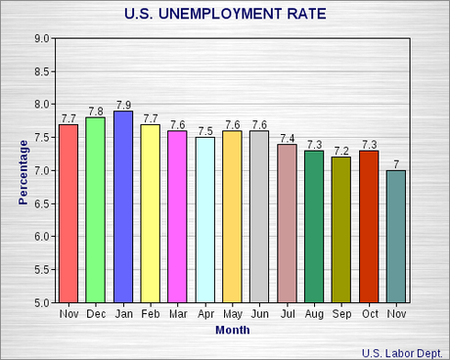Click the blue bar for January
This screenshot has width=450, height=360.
point(123,206)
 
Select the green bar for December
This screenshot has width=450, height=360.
point(96,209)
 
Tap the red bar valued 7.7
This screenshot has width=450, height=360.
point(68,213)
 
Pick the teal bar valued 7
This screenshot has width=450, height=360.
point(396,236)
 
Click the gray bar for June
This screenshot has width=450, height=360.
point(259,216)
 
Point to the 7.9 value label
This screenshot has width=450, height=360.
point(123,105)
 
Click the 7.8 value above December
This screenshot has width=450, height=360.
point(96,112)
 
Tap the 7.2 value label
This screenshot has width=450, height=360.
point(341,151)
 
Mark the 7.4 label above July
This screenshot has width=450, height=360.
point(287,138)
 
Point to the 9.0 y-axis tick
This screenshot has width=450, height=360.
point(42,38)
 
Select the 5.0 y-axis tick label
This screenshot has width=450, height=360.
point(42,302)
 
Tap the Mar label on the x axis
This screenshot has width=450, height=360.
point(177,314)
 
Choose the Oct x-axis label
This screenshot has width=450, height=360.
point(369,314)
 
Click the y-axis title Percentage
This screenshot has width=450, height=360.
point(22,170)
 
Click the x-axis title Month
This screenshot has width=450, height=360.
point(232,330)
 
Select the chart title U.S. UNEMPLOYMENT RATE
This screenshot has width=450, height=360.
point(226,15)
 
